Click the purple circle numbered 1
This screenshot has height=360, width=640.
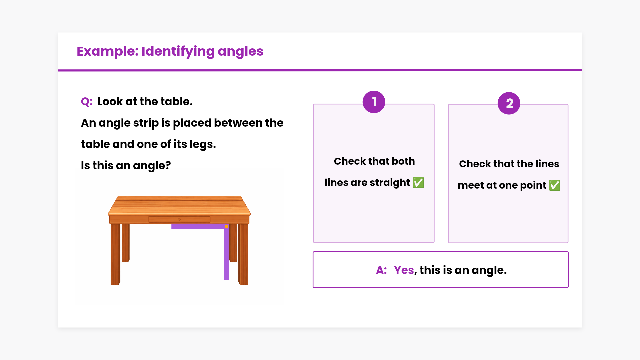click(374, 102)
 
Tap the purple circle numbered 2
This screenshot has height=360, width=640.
click(509, 103)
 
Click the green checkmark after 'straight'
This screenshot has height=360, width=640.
click(418, 183)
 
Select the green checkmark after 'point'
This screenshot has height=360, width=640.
click(555, 185)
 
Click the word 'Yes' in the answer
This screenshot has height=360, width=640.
click(404, 270)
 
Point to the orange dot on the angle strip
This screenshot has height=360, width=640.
click(226, 226)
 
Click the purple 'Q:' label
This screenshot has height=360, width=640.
click(87, 102)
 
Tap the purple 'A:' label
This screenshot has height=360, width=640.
click(381, 270)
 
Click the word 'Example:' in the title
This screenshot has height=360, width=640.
click(107, 51)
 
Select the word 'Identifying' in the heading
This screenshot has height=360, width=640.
click(178, 52)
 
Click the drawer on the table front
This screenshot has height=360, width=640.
click(179, 219)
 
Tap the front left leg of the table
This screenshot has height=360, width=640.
click(115, 254)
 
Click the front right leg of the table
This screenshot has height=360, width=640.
click(243, 254)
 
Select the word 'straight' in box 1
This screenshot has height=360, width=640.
click(390, 183)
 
